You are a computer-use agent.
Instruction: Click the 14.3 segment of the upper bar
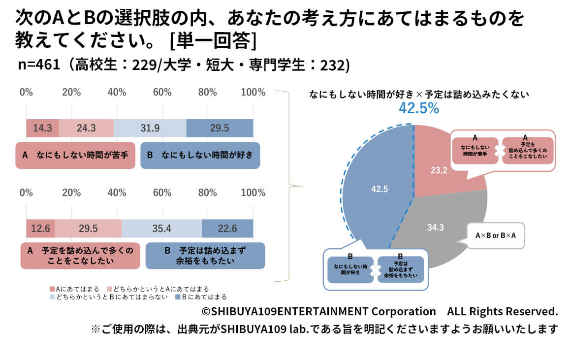42,128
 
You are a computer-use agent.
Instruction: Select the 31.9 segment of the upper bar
150,128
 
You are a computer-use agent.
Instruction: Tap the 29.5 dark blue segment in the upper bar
220,128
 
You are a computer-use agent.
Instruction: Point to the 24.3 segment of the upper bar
86,128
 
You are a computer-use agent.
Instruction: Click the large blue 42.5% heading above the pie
418,109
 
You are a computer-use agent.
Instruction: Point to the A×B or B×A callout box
495,236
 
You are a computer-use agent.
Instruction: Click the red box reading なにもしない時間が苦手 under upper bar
75,156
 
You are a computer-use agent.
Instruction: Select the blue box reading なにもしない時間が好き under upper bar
200,156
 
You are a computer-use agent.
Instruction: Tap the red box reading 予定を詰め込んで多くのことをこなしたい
80,256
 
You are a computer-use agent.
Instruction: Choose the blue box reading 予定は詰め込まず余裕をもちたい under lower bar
205,256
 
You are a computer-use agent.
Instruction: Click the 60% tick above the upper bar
162,93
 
